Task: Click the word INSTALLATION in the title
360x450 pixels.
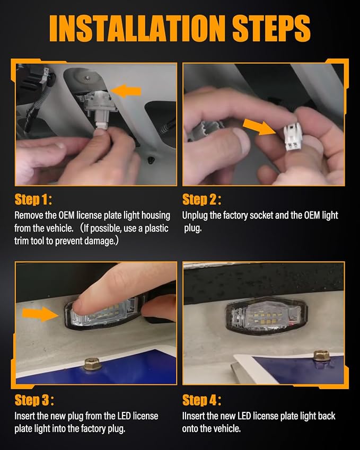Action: point(137,28)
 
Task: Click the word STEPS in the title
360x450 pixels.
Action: point(271,28)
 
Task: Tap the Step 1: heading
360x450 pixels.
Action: point(33,199)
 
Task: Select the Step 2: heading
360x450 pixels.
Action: point(201,199)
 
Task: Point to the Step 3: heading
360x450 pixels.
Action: point(34,400)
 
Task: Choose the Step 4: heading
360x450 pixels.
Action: point(201,400)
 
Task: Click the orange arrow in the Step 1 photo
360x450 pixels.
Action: point(126,91)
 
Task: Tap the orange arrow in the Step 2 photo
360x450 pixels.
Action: point(258,127)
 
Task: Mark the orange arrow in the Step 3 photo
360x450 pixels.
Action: point(40,314)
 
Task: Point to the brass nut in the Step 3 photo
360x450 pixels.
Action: point(92,365)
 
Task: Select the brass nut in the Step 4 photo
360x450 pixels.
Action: point(321,356)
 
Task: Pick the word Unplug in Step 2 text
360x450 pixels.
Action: point(195,216)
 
